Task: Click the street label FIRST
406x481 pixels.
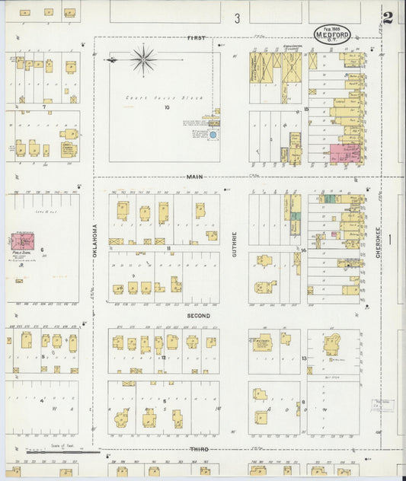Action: click(x=197, y=37)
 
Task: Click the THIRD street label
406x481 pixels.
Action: click(x=199, y=450)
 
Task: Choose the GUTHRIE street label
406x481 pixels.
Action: click(x=235, y=243)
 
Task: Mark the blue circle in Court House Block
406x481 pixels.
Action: click(x=213, y=135)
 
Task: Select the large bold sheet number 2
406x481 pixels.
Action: click(x=388, y=18)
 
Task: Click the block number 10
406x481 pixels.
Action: click(x=166, y=107)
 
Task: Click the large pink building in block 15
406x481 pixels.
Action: click(x=344, y=153)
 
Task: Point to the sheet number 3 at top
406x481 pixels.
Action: click(x=237, y=18)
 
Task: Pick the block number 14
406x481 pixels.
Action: click(x=303, y=249)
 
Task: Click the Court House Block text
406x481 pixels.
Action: click(x=145, y=97)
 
